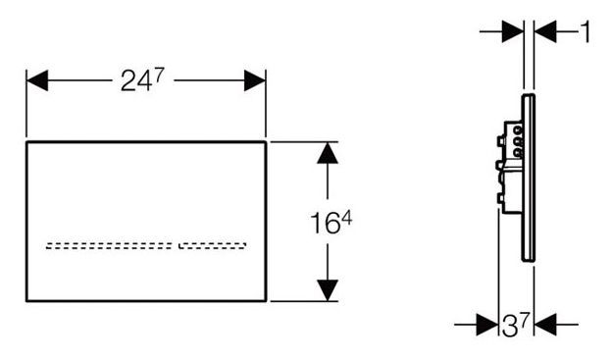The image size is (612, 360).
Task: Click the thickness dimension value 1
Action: pyautogui.click(x=586, y=32)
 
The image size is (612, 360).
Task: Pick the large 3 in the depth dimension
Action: pyautogui.click(x=509, y=324)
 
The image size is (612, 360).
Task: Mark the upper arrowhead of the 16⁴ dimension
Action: pyautogui.click(x=327, y=153)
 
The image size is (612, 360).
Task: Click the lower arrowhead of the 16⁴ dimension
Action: pyautogui.click(x=327, y=289)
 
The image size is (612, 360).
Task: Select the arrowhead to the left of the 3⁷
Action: pyautogui.click(x=486, y=322)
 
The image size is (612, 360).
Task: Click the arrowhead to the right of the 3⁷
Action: pyautogui.click(x=548, y=322)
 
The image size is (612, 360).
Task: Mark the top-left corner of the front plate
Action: pyautogui.click(x=26, y=141)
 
